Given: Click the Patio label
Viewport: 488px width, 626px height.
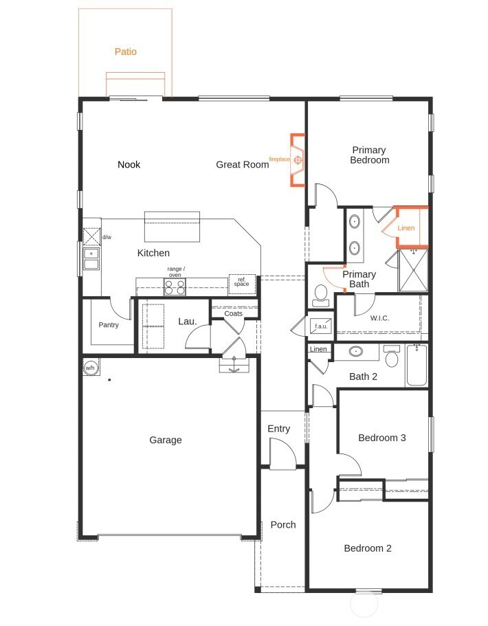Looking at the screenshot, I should coord(125,52).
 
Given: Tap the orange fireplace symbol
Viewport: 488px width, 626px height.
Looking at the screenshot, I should coord(298,160).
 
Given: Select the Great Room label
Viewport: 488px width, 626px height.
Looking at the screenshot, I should coord(242,164).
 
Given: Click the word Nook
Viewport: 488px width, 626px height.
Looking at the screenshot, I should coord(129,164).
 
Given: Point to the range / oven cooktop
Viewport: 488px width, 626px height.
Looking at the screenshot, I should coord(175,287).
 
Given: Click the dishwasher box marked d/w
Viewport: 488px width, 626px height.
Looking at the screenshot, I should coord(92,236).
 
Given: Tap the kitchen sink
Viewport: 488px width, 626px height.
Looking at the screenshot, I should coord(91,260).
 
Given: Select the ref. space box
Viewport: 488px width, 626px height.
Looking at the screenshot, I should coord(242,284).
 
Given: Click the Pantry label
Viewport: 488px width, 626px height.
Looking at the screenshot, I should coord(109,325).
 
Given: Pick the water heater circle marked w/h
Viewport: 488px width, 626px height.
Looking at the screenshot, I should coord(90,368).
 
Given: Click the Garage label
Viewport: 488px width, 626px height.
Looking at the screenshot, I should coord(166,440).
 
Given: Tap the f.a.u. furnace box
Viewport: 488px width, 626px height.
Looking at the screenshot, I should coord(321,325).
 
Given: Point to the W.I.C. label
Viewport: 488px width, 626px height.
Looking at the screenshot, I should coord(380,317).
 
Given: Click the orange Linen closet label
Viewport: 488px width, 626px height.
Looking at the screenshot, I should coord(406,227).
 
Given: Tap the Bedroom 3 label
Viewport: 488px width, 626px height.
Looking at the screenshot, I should coord(377,438).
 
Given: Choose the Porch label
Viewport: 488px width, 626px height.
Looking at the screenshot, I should coord(282,524).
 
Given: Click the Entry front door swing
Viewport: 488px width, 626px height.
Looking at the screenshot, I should coord(282,454).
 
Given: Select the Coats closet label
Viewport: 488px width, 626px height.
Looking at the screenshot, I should coord(233,313).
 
